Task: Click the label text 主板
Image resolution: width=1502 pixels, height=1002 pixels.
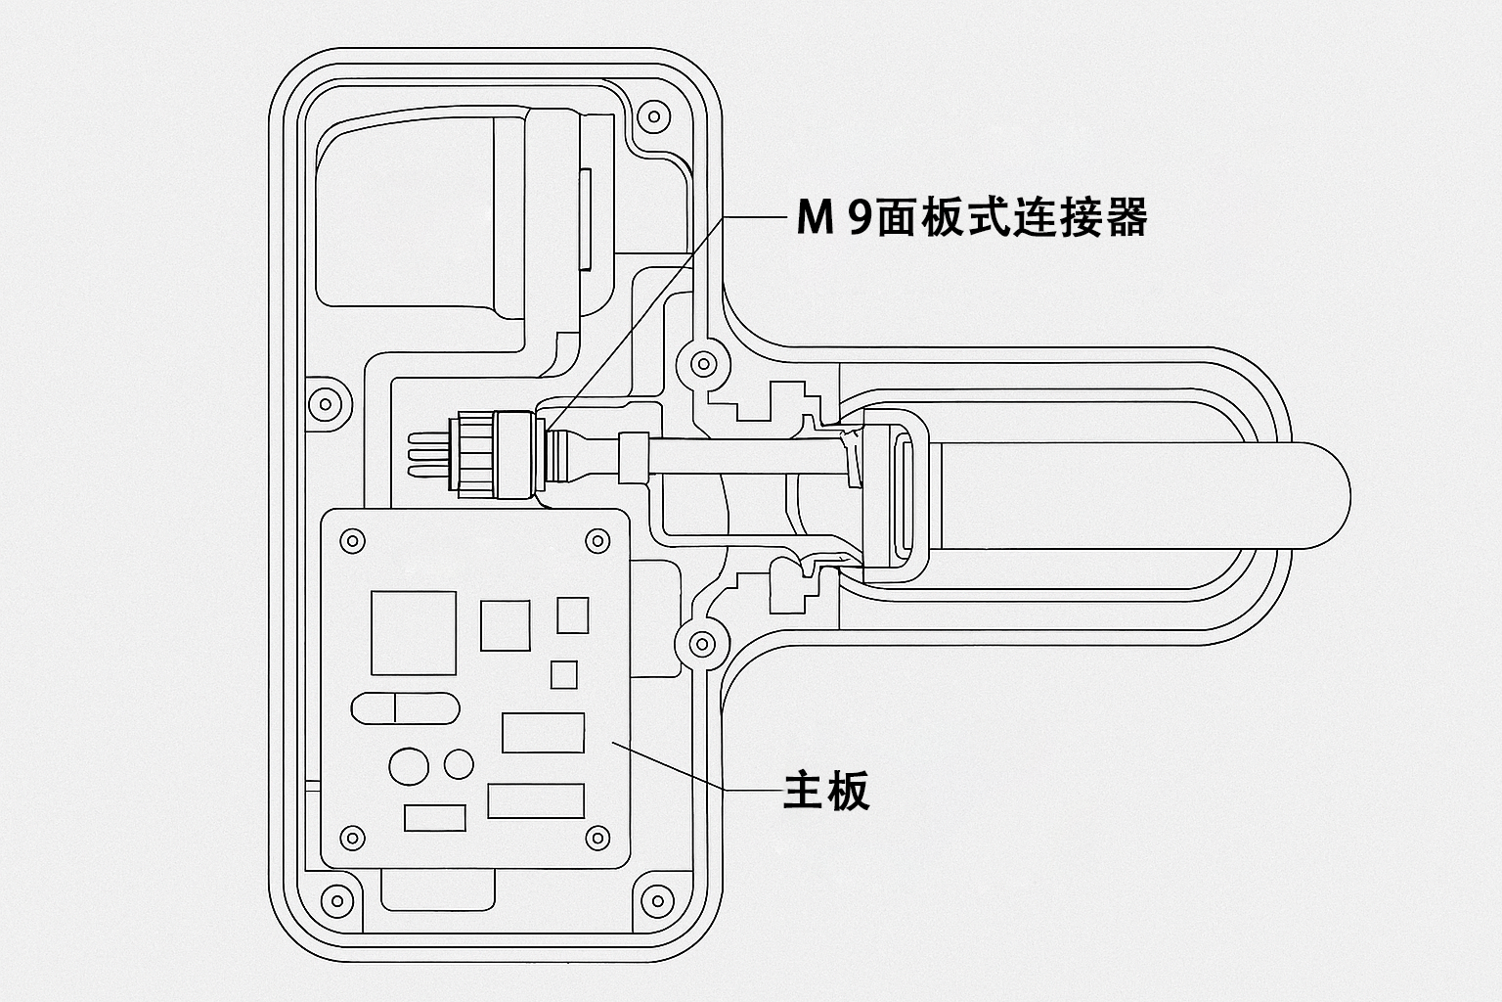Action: tap(826, 792)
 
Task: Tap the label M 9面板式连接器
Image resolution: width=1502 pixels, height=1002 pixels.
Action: tap(971, 217)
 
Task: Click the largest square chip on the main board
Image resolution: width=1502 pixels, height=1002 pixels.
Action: tap(413, 633)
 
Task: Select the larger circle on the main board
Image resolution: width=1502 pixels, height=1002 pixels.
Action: tap(409, 766)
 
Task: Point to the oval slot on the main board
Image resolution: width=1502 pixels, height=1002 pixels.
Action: tap(405, 707)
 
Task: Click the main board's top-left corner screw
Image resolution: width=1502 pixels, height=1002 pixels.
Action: tap(350, 540)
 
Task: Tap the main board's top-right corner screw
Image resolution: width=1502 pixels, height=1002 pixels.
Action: tap(596, 540)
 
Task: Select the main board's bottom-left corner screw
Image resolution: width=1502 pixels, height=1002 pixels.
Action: tap(350, 838)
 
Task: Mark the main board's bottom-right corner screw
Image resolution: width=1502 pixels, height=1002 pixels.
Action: tap(596, 838)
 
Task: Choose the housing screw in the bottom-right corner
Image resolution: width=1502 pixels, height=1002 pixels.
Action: tap(652, 898)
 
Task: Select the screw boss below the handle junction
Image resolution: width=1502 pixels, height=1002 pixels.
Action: tap(701, 643)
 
